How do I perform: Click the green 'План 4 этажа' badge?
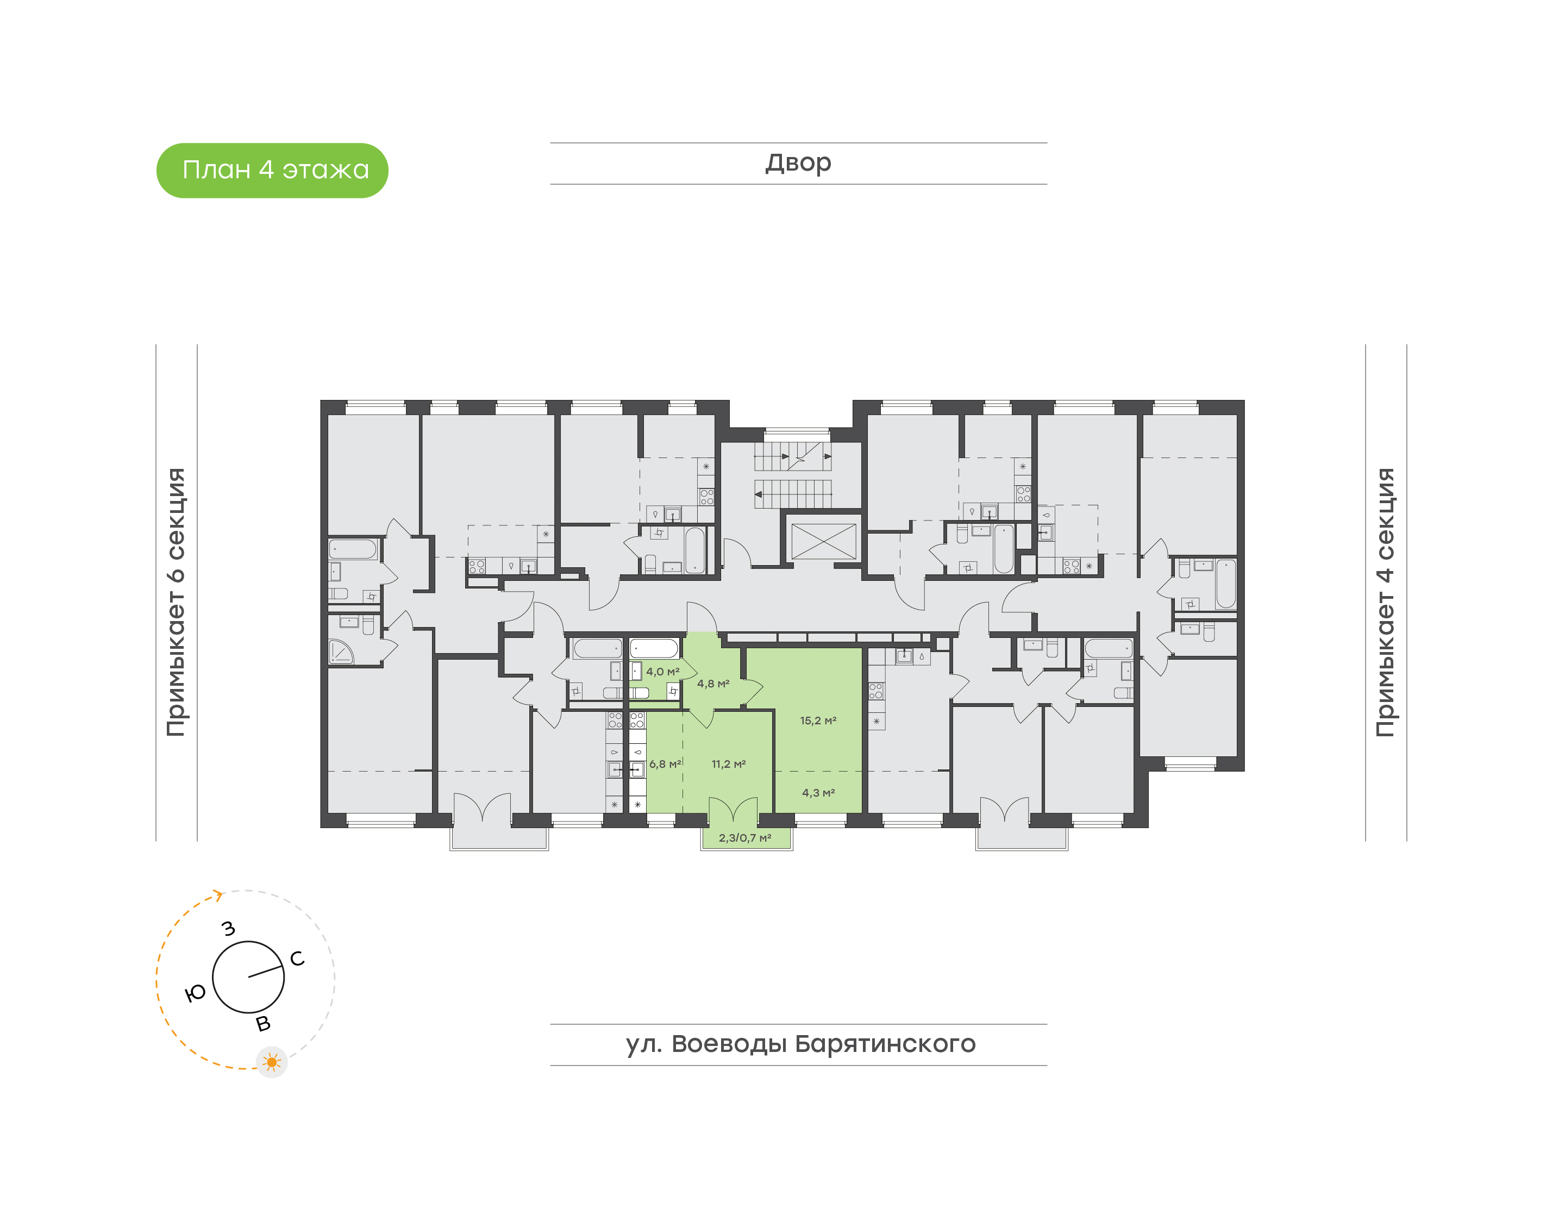tap(272, 171)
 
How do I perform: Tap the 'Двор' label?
tap(798, 162)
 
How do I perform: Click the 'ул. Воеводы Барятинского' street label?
tap(800, 1043)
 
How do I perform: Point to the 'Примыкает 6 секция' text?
tap(176, 602)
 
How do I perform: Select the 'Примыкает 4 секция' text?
tap(1385, 602)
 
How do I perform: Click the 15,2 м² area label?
tap(818, 720)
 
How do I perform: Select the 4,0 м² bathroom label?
tap(662, 672)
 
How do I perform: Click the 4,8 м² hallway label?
tap(713, 684)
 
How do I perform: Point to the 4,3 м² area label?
tap(818, 792)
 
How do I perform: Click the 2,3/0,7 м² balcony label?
tap(745, 838)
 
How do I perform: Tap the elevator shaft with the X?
tap(823, 541)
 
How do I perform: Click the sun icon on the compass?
tap(272, 1062)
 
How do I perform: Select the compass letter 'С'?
tap(297, 958)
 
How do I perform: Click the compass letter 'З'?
tap(229, 928)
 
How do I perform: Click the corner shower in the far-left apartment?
tap(341, 651)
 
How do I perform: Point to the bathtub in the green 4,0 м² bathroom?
tap(654, 649)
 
